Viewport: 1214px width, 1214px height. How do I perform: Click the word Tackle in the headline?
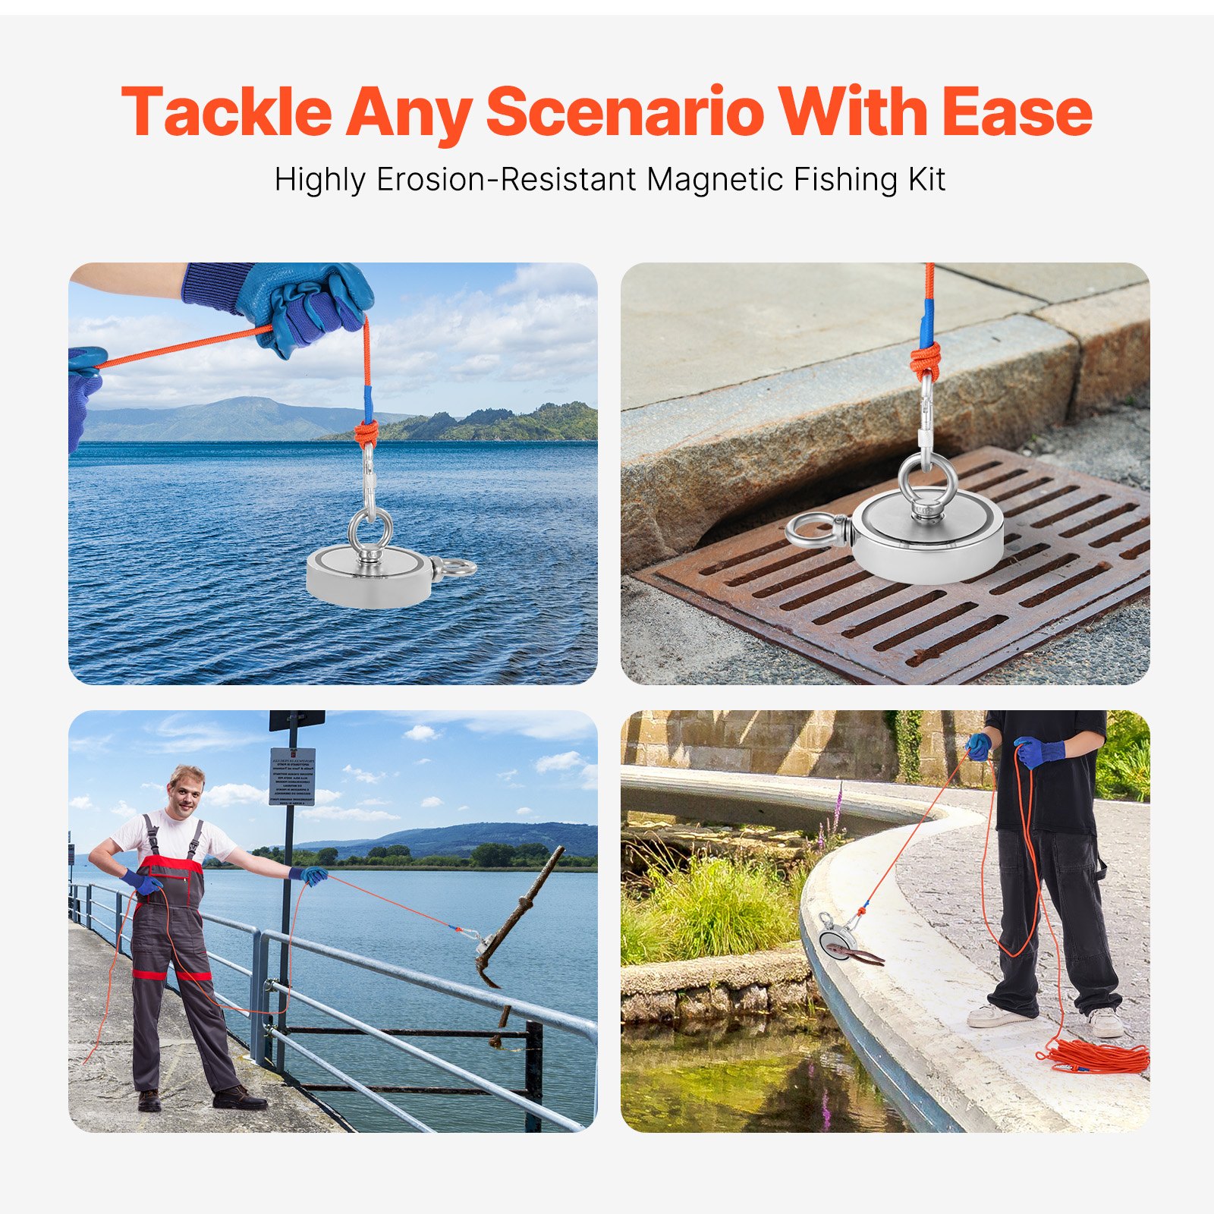[226, 112]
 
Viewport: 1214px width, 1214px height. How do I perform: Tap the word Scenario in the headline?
[624, 112]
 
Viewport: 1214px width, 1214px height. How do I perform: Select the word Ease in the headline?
[1016, 112]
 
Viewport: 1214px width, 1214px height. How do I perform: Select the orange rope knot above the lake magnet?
[366, 434]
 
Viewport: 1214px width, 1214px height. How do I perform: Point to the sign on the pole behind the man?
[292, 776]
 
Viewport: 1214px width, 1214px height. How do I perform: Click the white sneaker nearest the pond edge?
[994, 1015]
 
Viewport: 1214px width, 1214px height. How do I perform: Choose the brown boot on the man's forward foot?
[238, 1098]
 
